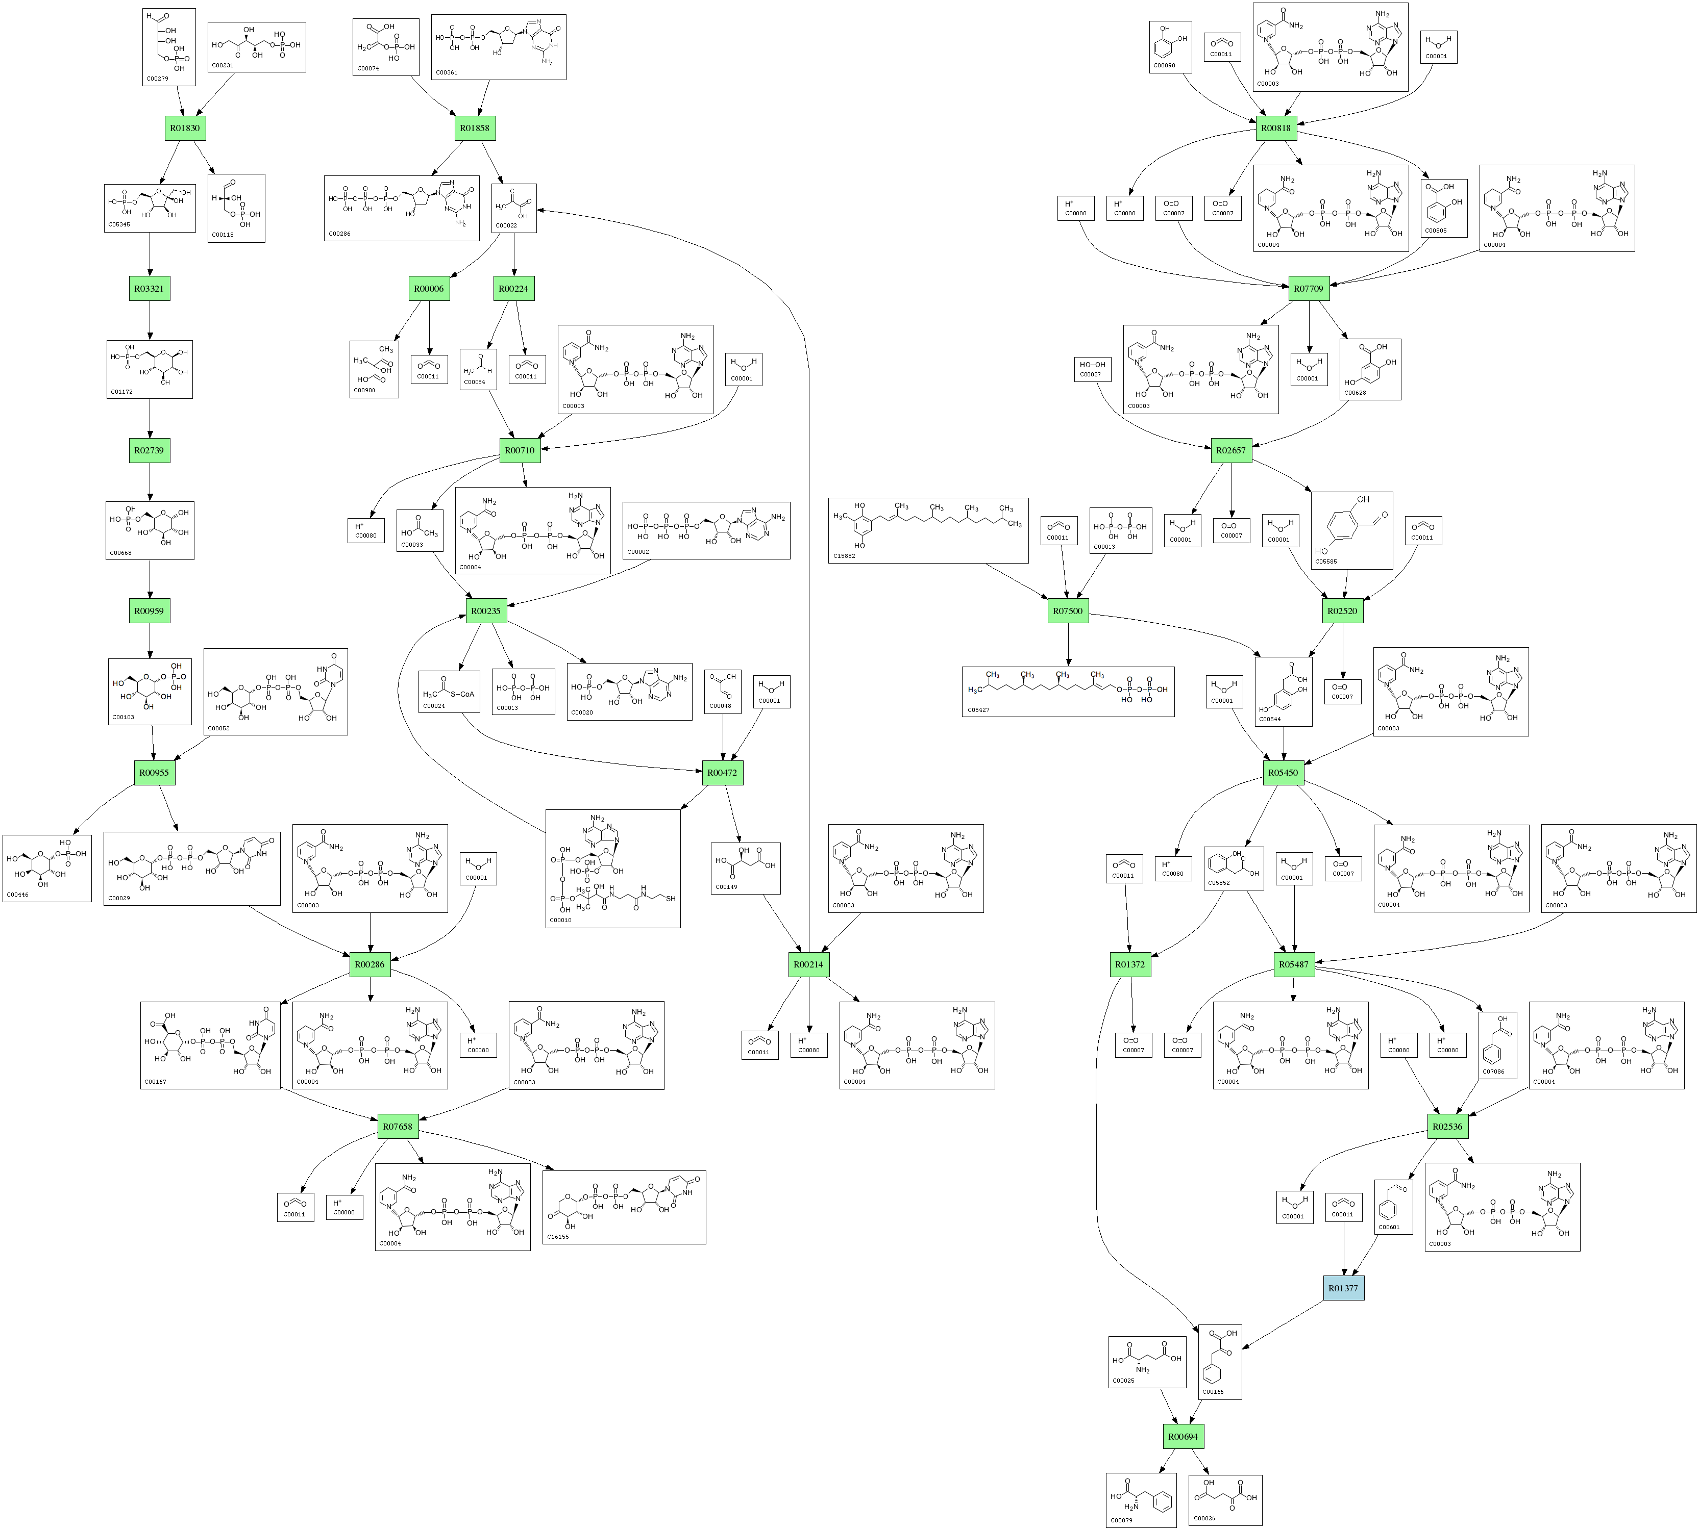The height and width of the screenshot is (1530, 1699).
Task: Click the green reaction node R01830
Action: [x=185, y=128]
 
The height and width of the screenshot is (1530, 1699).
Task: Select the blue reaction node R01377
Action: [x=1343, y=1288]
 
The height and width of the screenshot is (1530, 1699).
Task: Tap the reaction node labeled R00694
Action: [x=1183, y=1437]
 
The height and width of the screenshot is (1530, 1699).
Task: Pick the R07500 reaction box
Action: [x=1068, y=611]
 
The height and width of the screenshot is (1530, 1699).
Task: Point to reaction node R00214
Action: [x=808, y=964]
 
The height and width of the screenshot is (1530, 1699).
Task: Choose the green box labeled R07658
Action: [x=398, y=1127]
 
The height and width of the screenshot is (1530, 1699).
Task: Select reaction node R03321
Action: [x=149, y=288]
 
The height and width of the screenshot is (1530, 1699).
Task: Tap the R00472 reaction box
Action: [x=723, y=773]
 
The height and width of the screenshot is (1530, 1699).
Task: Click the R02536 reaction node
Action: [x=1447, y=1127]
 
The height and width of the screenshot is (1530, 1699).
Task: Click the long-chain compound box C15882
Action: [x=928, y=530]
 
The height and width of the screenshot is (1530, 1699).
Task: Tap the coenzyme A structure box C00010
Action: [x=612, y=869]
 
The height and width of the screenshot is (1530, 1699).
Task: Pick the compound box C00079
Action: [x=1141, y=1500]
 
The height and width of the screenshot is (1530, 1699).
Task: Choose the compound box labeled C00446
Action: [x=47, y=869]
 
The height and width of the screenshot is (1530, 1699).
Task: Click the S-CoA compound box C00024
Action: [x=449, y=692]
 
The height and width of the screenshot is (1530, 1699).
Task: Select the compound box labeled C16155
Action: [x=624, y=1207]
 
